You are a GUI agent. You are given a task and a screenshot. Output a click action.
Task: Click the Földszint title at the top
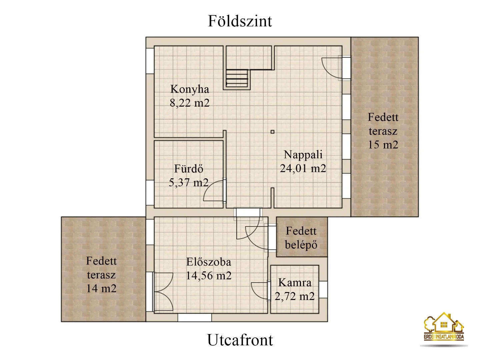(x=240, y=21)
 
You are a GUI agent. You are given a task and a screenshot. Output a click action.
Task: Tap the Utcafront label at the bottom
(x=240, y=340)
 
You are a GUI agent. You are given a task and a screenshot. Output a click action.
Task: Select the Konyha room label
(x=190, y=89)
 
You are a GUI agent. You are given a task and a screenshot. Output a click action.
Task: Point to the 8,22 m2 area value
(x=190, y=103)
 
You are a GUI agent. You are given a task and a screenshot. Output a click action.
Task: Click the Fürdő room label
(x=189, y=169)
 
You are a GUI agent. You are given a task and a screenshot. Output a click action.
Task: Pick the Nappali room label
(x=303, y=154)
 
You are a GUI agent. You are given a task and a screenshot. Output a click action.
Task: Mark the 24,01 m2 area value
(x=303, y=168)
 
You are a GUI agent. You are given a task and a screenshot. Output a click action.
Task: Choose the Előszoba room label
(x=209, y=262)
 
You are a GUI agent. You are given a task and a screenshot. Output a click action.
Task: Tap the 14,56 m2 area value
(x=209, y=276)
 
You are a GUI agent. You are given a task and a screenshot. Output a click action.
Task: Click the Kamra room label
(x=295, y=283)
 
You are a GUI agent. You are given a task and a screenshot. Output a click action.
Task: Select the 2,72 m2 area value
(x=295, y=296)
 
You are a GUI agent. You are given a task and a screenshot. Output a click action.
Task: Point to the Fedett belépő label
(x=301, y=238)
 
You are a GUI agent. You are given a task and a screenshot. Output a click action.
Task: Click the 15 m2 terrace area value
(x=383, y=145)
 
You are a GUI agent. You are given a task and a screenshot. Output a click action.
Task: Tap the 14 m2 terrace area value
(x=101, y=288)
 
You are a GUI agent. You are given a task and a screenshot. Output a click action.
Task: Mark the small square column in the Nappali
(x=272, y=132)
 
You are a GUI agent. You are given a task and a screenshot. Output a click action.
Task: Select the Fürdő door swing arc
(x=213, y=191)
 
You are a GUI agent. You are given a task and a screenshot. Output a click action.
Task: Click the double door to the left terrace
(x=163, y=292)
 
